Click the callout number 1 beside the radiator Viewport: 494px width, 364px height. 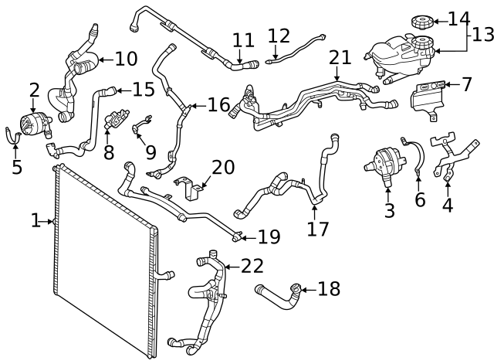click(36, 222)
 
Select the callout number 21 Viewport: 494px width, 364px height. click(339, 57)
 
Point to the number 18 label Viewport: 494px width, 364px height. click(328, 289)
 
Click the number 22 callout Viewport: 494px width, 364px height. click(252, 266)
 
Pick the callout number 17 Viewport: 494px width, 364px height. click(318, 229)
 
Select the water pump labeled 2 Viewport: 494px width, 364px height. click(33, 124)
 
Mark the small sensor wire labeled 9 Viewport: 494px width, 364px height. click(142, 124)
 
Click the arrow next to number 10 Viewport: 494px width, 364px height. click(103, 59)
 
